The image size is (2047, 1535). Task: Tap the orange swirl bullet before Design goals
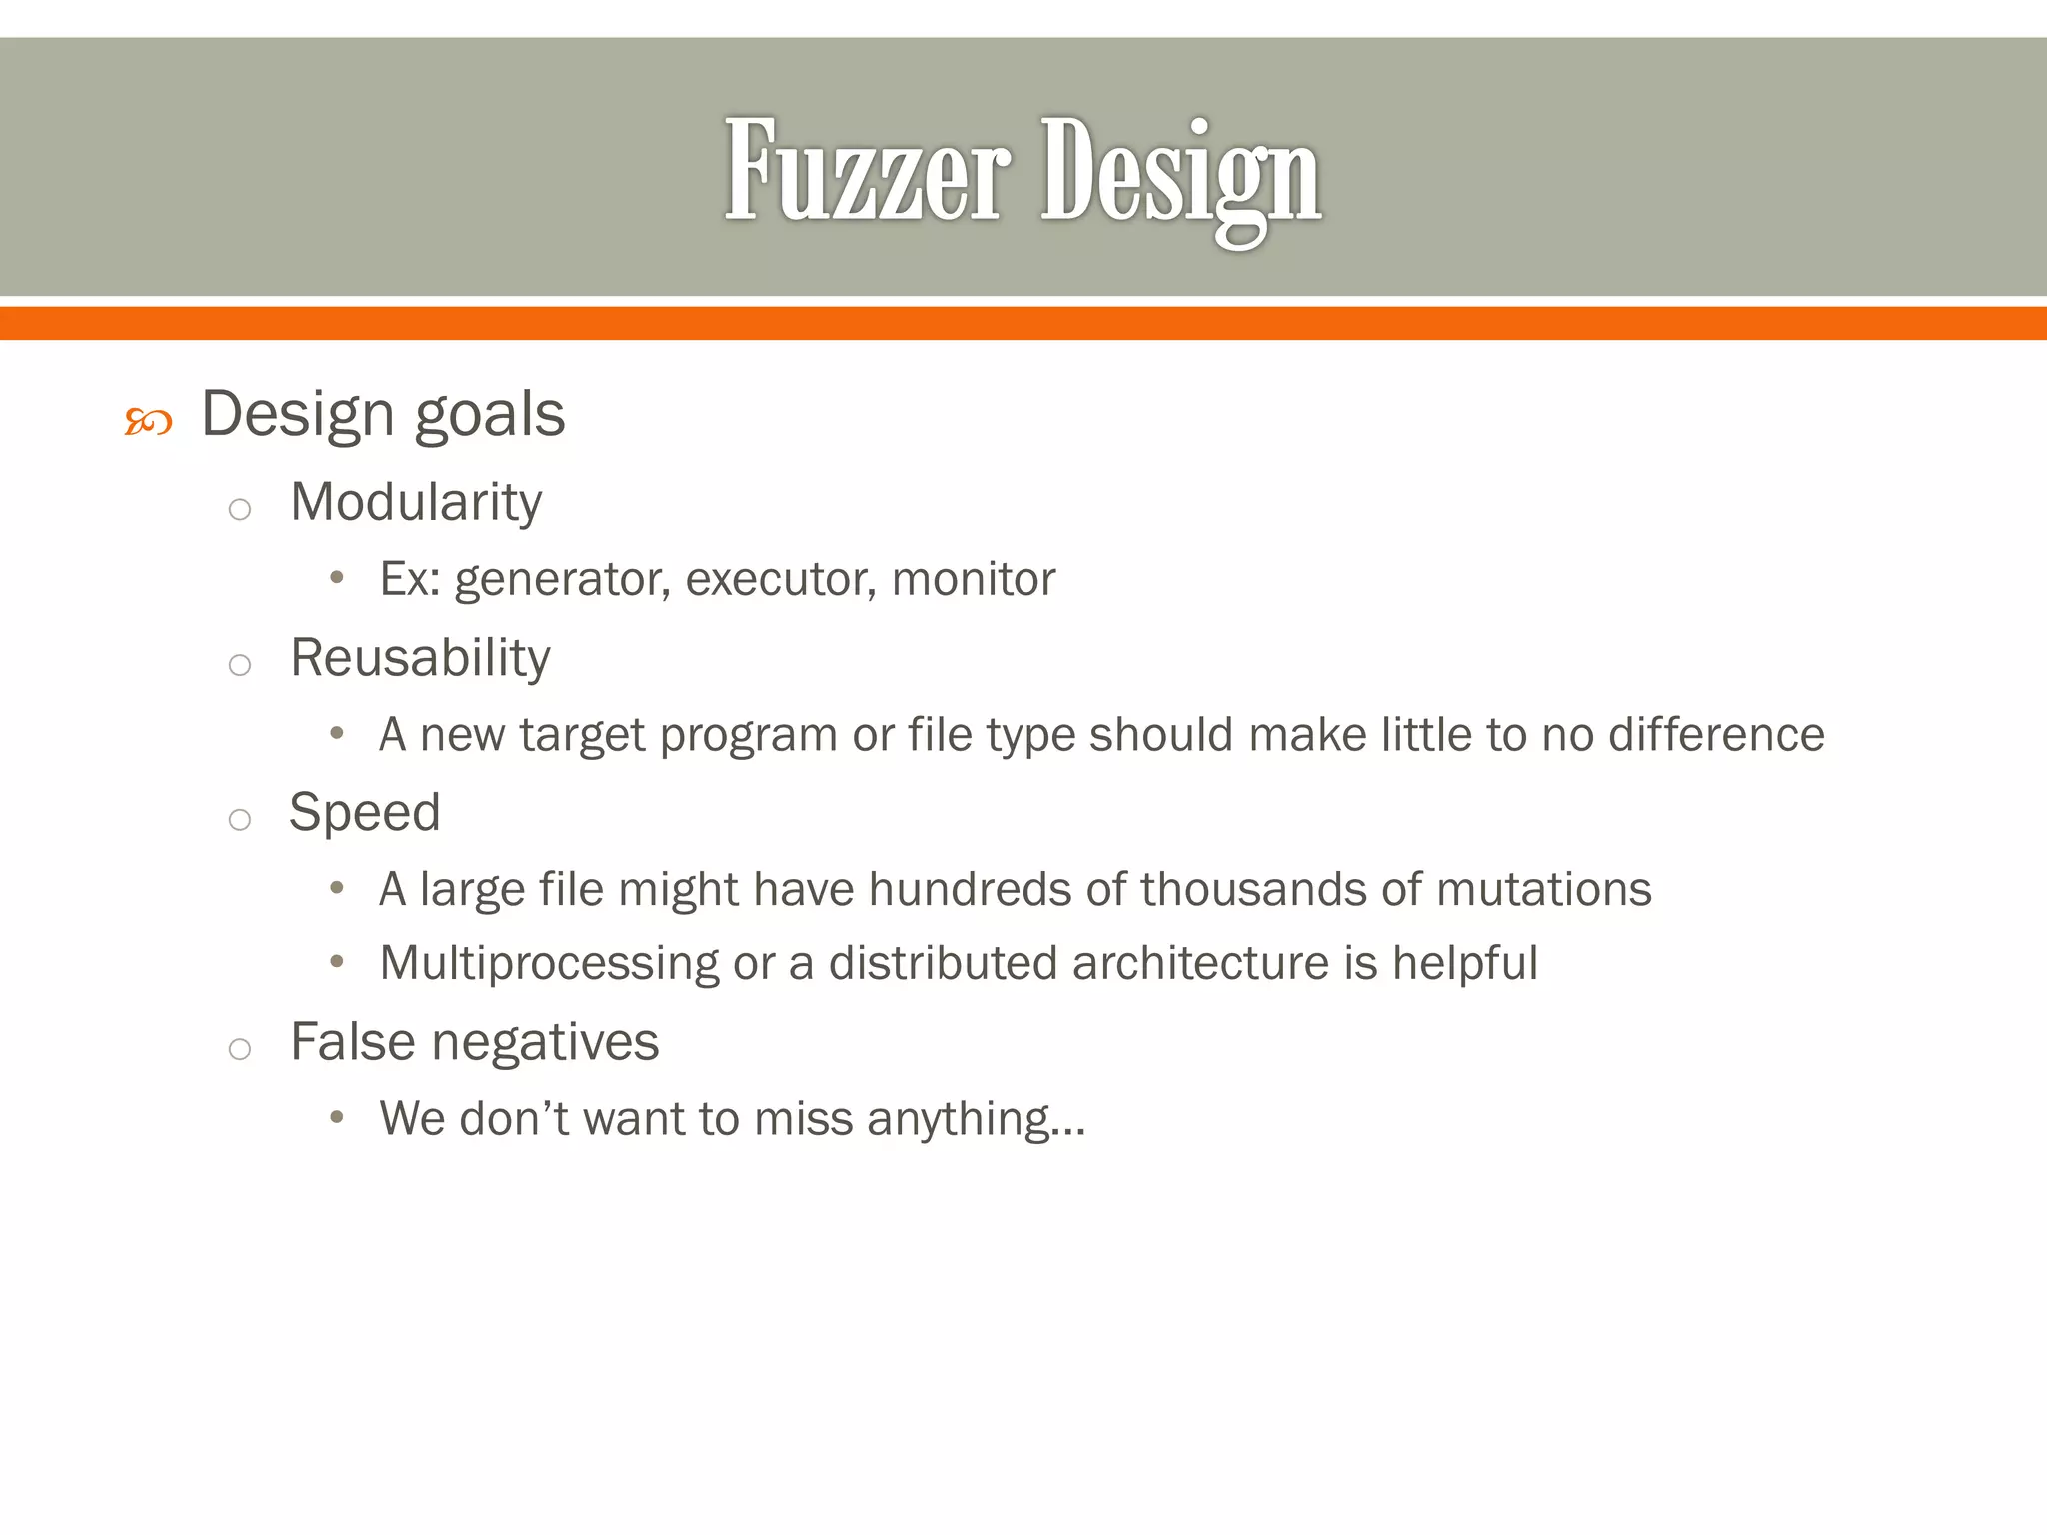(148, 422)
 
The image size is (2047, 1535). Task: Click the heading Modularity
(416, 501)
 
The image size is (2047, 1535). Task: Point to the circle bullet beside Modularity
(239, 510)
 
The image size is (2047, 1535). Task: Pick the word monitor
(973, 579)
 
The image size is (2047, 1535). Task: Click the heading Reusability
(420, 658)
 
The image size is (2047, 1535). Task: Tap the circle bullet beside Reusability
(239, 665)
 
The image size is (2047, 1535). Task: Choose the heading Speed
(365, 812)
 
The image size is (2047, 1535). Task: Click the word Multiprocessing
(549, 964)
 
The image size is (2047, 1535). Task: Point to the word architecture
(1200, 964)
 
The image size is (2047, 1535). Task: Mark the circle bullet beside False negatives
(239, 1049)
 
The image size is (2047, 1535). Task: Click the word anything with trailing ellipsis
(976, 1120)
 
